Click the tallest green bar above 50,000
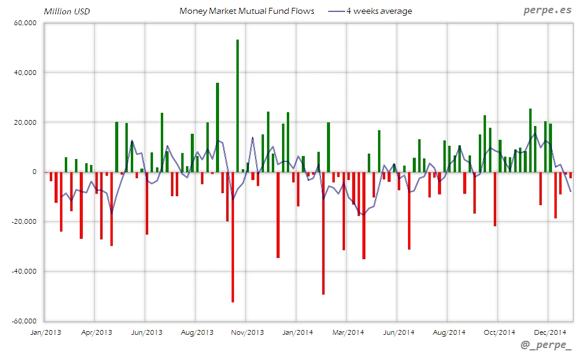pyautogui.click(x=238, y=106)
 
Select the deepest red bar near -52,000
pyautogui.click(x=233, y=237)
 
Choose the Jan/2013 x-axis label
pyautogui.click(x=45, y=332)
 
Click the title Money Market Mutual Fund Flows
pyautogui.click(x=247, y=11)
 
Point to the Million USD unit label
pyautogui.click(x=67, y=11)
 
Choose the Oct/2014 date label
pyautogui.click(x=499, y=332)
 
